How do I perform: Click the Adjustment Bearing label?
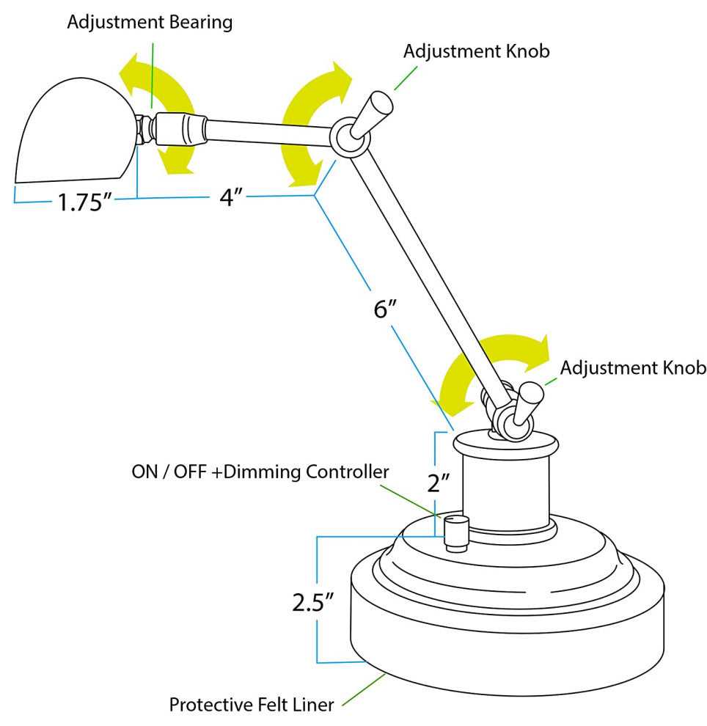tap(150, 22)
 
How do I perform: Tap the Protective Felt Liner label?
tap(252, 705)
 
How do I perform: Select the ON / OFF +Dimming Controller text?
tap(260, 472)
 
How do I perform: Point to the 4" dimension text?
tap(231, 197)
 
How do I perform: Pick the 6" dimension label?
tap(385, 309)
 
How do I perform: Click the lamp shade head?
tap(73, 136)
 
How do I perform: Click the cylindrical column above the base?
tap(505, 488)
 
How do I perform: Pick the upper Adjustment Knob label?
tap(476, 51)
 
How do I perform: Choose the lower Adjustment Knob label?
tap(633, 367)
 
